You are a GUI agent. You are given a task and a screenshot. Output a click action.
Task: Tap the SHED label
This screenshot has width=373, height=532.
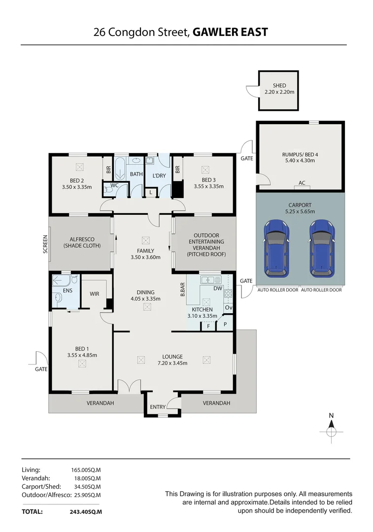coord(279,85)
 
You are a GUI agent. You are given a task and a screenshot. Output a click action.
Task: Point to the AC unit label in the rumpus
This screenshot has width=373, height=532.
coord(302,183)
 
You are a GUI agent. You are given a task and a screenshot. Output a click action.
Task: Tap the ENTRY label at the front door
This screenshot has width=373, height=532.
coord(158,407)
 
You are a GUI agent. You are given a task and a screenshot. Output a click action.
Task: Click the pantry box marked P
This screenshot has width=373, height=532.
coord(225,325)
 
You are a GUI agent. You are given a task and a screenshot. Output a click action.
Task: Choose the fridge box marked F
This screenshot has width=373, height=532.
coord(209,326)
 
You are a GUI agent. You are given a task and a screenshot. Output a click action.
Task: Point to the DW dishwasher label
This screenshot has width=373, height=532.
coord(217,289)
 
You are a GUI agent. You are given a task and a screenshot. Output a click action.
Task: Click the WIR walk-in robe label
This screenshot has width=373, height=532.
coord(95,294)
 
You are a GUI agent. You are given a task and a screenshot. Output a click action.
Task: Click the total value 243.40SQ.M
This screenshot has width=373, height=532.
coord(86,512)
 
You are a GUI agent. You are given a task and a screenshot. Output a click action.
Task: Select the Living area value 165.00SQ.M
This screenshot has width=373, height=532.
coord(86,470)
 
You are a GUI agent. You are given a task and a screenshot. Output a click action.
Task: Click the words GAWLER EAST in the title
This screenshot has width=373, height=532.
coord(230,33)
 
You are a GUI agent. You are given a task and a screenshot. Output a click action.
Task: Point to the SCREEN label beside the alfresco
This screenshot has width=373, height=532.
coord(45,244)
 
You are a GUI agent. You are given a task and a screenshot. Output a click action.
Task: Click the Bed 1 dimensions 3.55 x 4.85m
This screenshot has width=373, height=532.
coord(82,355)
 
